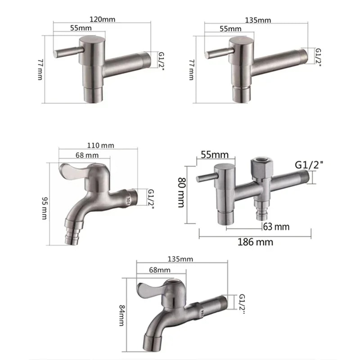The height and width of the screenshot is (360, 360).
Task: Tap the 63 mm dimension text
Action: coord(277,226)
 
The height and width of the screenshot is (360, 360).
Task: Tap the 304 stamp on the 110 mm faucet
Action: coord(129,198)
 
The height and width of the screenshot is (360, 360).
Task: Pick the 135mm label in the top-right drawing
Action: coord(258,20)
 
